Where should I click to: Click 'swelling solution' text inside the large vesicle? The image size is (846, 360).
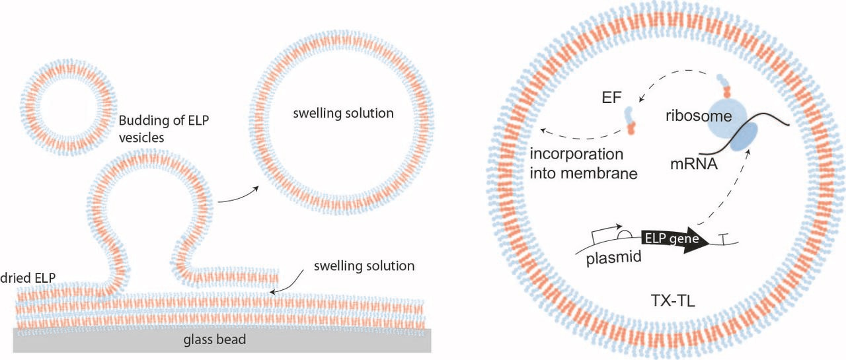344,113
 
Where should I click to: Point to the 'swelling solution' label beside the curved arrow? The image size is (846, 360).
364,266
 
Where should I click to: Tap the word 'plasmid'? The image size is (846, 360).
614,257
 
